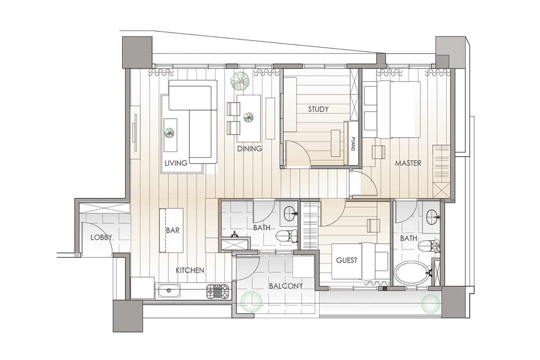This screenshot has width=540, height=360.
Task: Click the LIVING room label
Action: (x=176, y=163)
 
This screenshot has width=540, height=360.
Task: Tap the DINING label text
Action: (x=249, y=149)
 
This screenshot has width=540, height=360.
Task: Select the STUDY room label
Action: (x=318, y=109)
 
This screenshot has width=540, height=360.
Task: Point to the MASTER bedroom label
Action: (x=408, y=163)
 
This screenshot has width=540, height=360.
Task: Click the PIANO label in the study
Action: (x=353, y=144)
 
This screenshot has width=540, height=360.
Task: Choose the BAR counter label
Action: (x=173, y=230)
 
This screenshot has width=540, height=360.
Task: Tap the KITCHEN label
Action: (x=190, y=270)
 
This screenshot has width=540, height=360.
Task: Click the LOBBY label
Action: (x=101, y=238)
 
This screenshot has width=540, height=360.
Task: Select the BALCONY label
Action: (x=286, y=286)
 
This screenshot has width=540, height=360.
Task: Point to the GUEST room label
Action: (x=346, y=260)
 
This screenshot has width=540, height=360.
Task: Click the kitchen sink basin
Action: (x=169, y=291)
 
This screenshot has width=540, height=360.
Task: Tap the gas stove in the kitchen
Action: (x=217, y=291)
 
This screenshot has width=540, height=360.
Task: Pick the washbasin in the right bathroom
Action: (x=433, y=217)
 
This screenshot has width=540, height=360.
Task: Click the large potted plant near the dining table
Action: (x=239, y=81)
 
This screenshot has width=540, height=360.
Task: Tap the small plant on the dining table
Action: (x=248, y=117)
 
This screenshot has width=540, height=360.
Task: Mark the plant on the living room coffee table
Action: (x=169, y=133)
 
